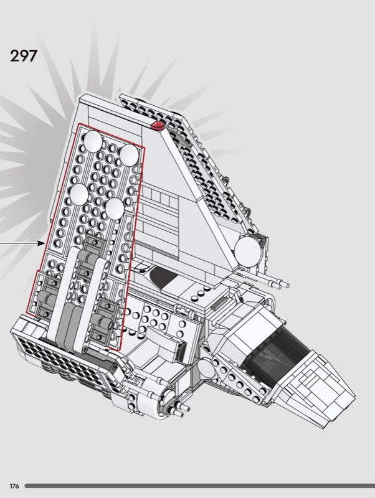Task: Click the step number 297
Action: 24,56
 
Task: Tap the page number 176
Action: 14,486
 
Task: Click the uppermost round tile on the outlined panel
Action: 93,141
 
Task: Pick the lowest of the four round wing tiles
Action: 115,209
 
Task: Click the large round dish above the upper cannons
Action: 248,251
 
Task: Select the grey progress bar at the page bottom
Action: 199,486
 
